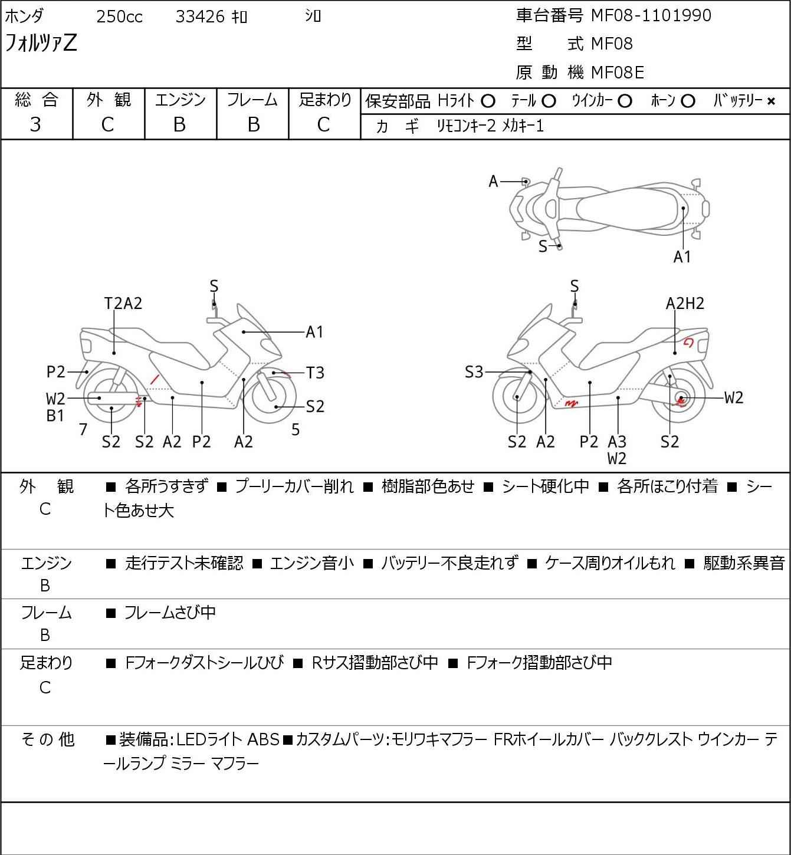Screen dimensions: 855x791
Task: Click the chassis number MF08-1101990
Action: [651, 15]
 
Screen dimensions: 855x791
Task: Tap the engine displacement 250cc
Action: [119, 17]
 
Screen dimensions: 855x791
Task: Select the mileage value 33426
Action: [200, 17]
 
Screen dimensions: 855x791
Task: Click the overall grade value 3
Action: [36, 124]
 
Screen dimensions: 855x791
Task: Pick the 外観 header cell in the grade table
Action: [109, 100]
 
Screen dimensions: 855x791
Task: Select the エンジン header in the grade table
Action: [180, 100]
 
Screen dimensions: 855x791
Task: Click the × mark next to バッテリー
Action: [771, 101]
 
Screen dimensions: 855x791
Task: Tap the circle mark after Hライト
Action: [488, 101]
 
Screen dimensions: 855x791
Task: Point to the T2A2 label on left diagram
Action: [123, 303]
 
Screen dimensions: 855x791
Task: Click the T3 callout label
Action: [315, 373]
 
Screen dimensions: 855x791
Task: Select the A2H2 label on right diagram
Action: [685, 303]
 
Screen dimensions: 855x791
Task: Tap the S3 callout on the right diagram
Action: [474, 372]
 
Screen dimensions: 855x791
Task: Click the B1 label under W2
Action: [55, 416]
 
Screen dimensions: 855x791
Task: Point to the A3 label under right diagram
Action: [617, 442]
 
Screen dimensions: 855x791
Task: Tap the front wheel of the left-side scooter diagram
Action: [273, 396]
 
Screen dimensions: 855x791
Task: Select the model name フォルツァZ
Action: [41, 44]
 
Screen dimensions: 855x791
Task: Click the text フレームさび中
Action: [170, 613]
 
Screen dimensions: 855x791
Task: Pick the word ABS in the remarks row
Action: [263, 739]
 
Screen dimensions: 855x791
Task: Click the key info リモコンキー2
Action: [466, 126]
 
